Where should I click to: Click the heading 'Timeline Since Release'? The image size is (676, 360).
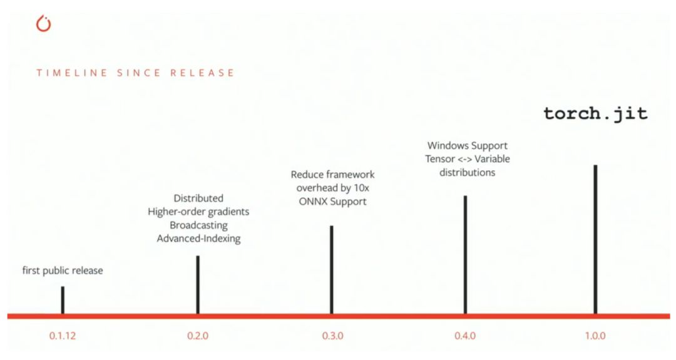point(135,73)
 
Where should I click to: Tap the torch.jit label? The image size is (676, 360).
point(595,114)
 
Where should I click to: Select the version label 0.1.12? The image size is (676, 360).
point(63,336)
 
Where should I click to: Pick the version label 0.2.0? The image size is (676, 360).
point(198,336)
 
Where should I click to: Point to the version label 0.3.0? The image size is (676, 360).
point(332,336)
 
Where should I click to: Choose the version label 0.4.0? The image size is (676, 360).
point(465,336)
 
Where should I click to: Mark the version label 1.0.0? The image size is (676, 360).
point(595,336)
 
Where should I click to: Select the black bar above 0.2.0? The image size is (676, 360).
point(198,284)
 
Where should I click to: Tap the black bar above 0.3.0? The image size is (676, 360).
point(331,269)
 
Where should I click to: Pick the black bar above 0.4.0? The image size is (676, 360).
point(465,254)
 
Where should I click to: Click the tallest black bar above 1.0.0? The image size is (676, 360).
point(595,239)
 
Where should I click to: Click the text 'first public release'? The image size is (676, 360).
point(63,271)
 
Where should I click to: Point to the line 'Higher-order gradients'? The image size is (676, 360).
point(198,212)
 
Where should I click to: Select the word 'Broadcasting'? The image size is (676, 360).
point(198,225)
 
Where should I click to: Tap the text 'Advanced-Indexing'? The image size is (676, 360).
point(198,239)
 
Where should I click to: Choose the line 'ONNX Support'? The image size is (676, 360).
point(332,202)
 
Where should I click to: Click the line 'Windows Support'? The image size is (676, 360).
point(466,146)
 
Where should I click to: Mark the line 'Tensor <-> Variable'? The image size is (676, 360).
point(466,159)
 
